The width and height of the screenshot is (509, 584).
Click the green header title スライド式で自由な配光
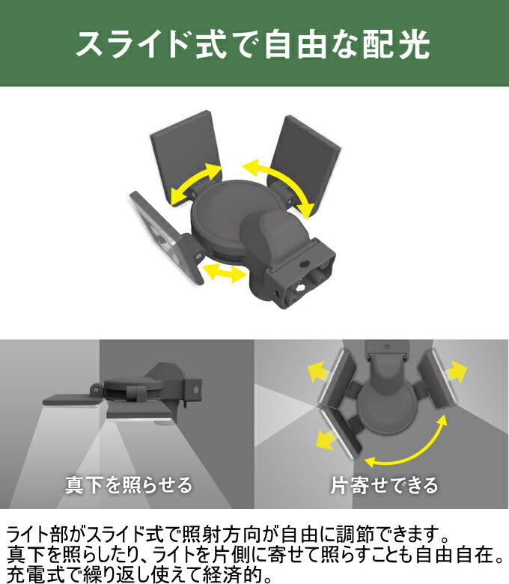253,45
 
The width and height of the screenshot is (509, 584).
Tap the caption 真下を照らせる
129,485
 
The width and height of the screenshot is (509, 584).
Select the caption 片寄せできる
384,485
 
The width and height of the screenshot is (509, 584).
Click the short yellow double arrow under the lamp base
224,272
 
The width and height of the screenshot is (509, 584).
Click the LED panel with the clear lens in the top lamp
164,237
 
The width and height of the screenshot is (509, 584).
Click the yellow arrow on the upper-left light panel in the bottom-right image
317,372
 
